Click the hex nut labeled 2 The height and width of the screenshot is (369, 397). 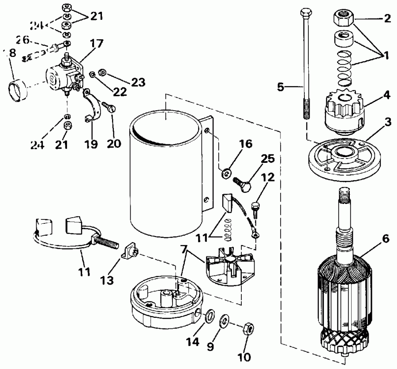click(x=343, y=18)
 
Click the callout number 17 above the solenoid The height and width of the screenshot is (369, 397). click(x=97, y=44)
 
